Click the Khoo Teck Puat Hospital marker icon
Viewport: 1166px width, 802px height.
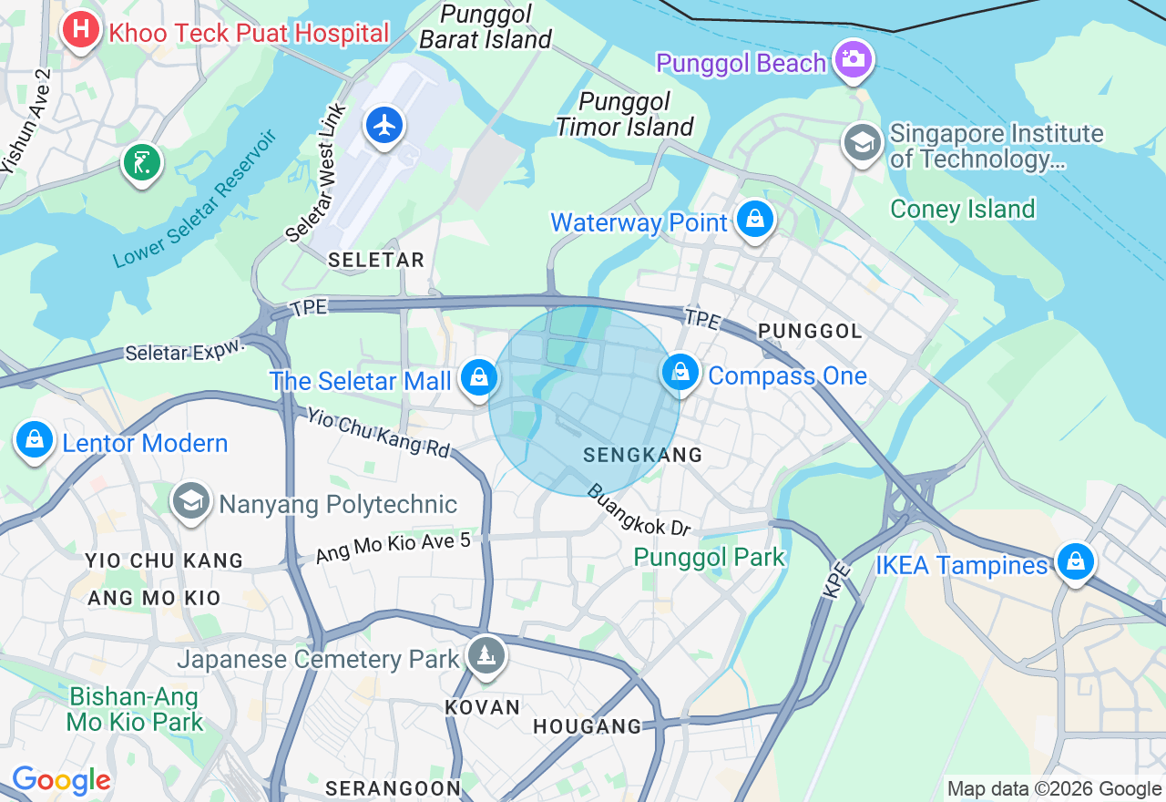pos(80,29)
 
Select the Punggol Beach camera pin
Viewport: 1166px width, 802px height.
pos(854,59)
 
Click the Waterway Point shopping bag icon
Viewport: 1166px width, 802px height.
pos(754,219)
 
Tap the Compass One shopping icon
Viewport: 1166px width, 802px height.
pos(680,372)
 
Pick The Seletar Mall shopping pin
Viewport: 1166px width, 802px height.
pos(478,377)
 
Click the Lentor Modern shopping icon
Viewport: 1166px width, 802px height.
pos(35,439)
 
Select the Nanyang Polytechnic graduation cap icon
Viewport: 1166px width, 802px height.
pos(190,500)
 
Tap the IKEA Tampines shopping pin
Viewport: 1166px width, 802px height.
pos(1075,561)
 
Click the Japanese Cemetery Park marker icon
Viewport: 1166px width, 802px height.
pos(486,654)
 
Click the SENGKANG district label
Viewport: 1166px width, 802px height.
pos(642,455)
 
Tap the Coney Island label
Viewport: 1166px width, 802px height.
pos(963,209)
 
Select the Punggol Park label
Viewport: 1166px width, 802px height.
pos(709,557)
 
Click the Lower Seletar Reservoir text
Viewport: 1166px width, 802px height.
pos(195,200)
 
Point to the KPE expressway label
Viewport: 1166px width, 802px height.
pos(836,581)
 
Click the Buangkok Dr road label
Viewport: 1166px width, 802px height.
pos(639,510)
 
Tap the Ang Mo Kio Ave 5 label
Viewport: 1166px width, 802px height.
pos(393,548)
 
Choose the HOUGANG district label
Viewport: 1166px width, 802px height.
pos(587,726)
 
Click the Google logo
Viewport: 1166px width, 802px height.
pos(61,780)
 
